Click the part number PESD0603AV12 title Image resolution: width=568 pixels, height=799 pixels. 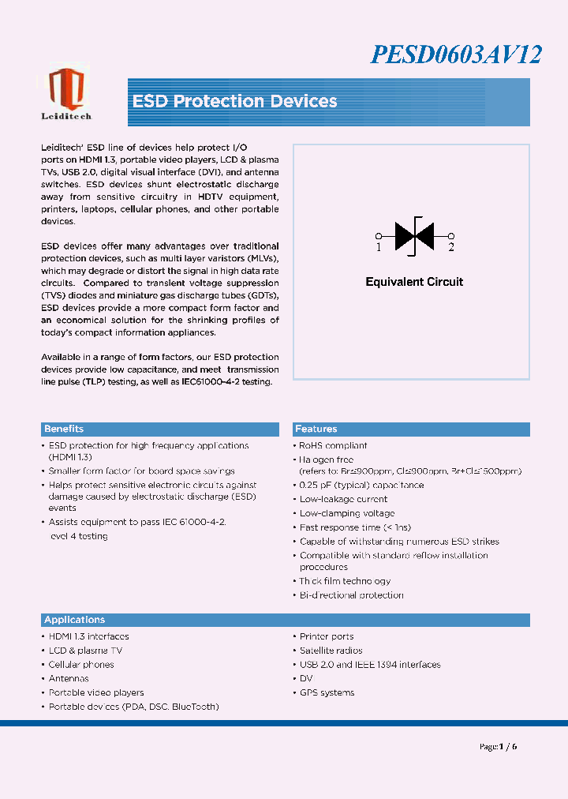pyautogui.click(x=455, y=54)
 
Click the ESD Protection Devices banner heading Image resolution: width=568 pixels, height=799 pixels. pyautogui.click(x=235, y=102)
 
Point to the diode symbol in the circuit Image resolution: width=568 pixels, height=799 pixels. pyautogui.click(x=414, y=235)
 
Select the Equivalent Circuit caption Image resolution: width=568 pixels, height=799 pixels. pyautogui.click(x=414, y=282)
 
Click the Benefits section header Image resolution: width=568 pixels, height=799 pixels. pyautogui.click(x=64, y=430)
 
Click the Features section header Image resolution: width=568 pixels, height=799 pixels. pyautogui.click(x=316, y=430)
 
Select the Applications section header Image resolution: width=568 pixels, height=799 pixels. pyautogui.click(x=75, y=621)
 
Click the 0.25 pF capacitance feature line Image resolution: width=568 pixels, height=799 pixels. pyautogui.click(x=361, y=486)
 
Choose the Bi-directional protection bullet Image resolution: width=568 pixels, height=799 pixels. pyautogui.click(x=351, y=595)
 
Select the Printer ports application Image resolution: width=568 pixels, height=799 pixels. pyautogui.click(x=327, y=636)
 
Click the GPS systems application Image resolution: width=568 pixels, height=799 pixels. pyautogui.click(x=327, y=693)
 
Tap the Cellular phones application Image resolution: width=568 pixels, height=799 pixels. pyautogui.click(x=81, y=665)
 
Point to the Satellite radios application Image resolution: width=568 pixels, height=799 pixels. pyautogui.click(x=331, y=651)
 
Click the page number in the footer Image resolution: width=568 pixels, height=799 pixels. pyautogui.click(x=499, y=747)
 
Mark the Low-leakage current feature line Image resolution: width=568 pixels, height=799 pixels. pyautogui.click(x=343, y=499)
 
